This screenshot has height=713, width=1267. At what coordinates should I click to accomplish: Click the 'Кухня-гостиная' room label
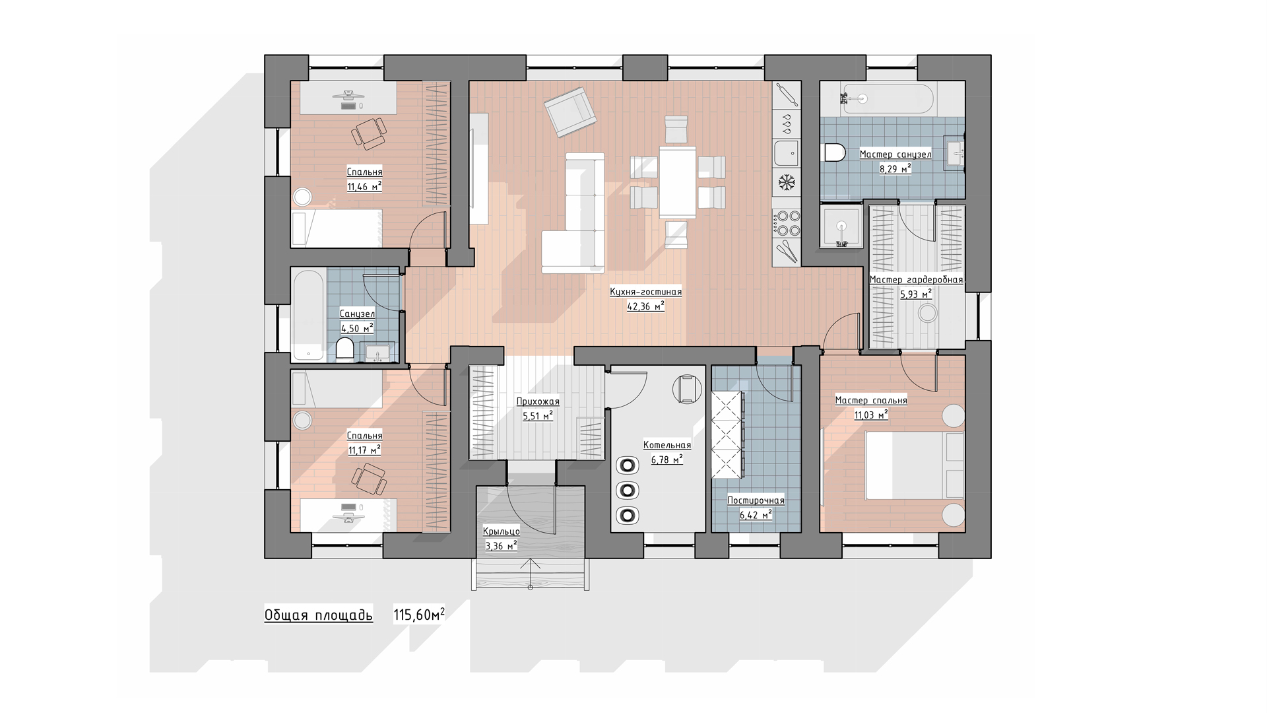point(645,292)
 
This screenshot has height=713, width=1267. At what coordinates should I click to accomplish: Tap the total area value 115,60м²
point(419,615)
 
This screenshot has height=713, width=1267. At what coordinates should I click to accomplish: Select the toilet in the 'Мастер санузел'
point(835,153)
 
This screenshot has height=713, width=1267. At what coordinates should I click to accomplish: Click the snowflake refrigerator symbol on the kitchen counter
point(787,182)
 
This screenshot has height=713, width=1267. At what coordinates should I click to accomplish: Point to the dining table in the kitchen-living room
point(678,182)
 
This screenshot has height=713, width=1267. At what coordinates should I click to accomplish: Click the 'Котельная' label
point(667,445)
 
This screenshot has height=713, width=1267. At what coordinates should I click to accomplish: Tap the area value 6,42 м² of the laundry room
point(756,514)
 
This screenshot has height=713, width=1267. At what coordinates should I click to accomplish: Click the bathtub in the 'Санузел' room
point(308,314)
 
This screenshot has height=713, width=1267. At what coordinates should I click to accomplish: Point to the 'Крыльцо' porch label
point(502,531)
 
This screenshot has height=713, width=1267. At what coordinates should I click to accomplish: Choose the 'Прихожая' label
point(537,401)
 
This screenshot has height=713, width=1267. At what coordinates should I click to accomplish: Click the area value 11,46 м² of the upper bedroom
point(365,186)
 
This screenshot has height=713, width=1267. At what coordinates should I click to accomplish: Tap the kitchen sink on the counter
point(787,153)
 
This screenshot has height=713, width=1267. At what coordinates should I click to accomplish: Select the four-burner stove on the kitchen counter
point(787,222)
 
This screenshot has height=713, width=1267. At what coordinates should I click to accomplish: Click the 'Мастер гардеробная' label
point(916,280)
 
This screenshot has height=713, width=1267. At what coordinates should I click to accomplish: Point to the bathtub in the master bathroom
point(877,99)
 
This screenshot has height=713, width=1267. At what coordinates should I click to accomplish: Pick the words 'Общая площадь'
point(319,615)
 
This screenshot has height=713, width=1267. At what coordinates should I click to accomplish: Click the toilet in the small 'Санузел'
point(344,349)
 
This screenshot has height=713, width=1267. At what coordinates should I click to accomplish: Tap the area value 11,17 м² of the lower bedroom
point(365,450)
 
